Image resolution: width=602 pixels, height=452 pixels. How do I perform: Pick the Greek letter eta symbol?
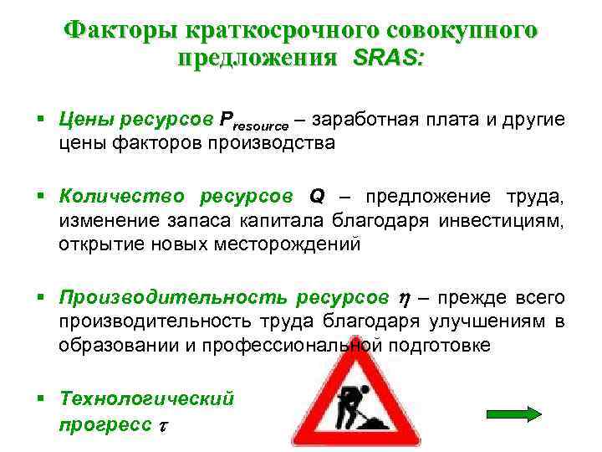tap(402, 298)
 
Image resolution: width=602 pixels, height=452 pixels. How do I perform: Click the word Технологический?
tap(147, 399)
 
